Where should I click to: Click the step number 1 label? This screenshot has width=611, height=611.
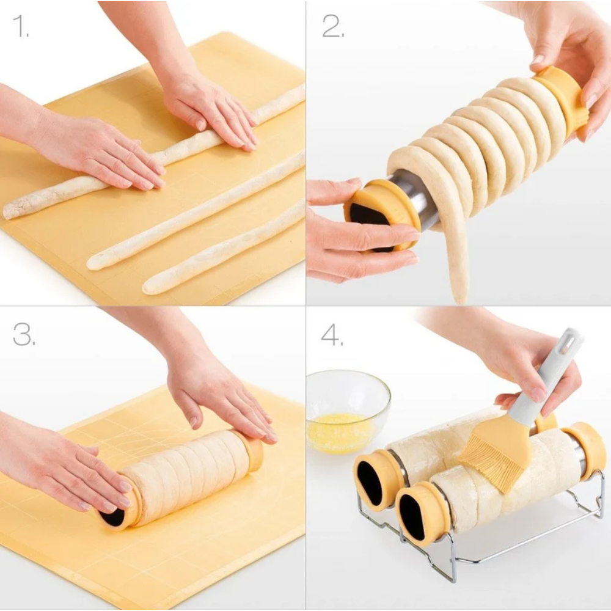21,26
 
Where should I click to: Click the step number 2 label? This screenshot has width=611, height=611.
333,26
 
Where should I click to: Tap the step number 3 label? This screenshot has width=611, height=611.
24,334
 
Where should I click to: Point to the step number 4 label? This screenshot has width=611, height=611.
332,334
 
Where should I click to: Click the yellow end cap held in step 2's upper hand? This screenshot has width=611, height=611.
560,100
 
